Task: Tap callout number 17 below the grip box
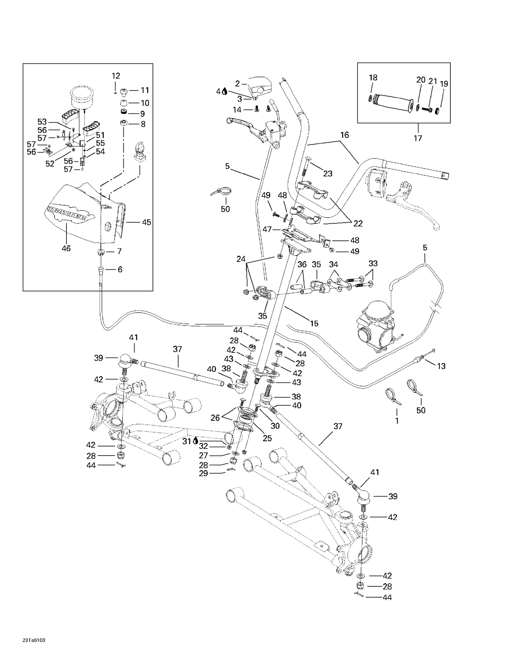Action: point(418,138)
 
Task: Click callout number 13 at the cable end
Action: point(441,366)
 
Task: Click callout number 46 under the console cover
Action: point(66,249)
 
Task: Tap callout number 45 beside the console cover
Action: point(146,222)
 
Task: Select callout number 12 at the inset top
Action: point(116,76)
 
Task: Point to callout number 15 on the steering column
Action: point(314,323)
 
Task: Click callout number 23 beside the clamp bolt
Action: point(327,174)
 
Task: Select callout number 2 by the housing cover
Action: point(237,83)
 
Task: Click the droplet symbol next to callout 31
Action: point(196,441)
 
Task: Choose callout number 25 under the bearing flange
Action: point(267,438)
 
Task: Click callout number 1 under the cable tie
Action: point(397,421)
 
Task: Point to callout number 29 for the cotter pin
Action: point(203,473)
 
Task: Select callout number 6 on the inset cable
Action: point(120,269)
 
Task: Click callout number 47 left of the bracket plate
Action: point(267,230)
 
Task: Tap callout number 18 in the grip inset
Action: point(373,78)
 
